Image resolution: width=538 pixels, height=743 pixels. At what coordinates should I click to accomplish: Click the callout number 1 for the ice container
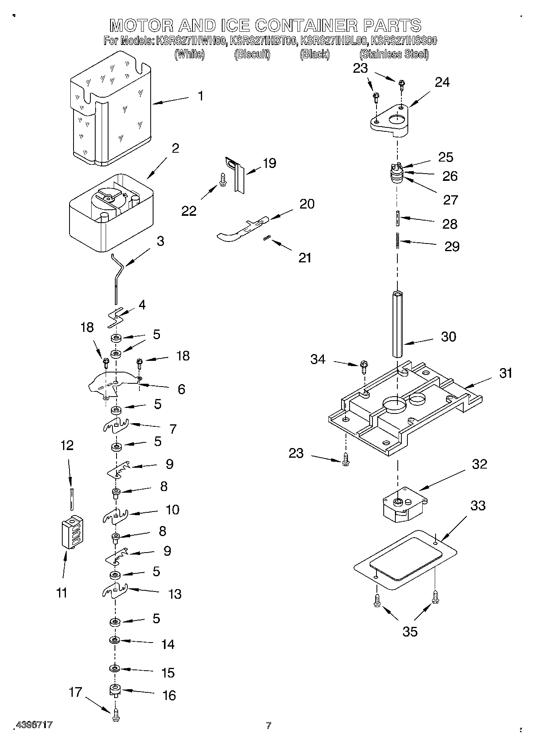(200, 96)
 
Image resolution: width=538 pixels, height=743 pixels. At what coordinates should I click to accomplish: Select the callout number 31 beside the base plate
(506, 373)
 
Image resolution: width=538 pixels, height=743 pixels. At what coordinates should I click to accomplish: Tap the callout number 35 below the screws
(410, 632)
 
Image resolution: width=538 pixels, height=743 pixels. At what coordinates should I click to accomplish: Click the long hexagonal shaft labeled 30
(397, 324)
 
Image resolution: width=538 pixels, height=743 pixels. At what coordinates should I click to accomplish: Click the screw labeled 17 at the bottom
(116, 716)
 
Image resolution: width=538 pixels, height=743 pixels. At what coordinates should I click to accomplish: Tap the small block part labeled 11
(73, 532)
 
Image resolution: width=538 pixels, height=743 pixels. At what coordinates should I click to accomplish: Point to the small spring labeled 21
(266, 239)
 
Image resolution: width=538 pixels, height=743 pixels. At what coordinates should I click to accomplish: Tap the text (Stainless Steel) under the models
(394, 54)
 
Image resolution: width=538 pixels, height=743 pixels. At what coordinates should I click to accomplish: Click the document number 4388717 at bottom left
(34, 725)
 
